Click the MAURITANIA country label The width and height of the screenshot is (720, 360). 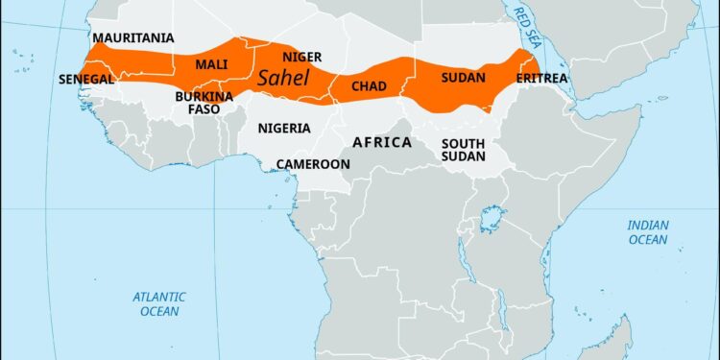(133, 38)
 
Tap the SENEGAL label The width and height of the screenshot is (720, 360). (86, 79)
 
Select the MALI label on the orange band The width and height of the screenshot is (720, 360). (211, 64)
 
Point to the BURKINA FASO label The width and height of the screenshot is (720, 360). (204, 103)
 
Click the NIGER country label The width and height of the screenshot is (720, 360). (301, 58)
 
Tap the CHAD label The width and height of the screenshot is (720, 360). (369, 86)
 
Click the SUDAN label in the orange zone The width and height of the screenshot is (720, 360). (463, 77)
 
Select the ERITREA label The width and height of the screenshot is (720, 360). (542, 78)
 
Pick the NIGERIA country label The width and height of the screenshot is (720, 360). (284, 128)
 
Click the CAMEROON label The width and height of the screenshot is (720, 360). (313, 164)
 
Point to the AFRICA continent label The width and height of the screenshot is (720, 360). (382, 142)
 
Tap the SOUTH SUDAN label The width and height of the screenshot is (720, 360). (463, 150)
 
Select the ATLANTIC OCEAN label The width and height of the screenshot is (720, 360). (159, 304)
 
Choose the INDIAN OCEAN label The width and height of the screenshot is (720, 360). (648, 231)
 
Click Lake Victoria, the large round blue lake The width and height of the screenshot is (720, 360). (493, 219)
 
